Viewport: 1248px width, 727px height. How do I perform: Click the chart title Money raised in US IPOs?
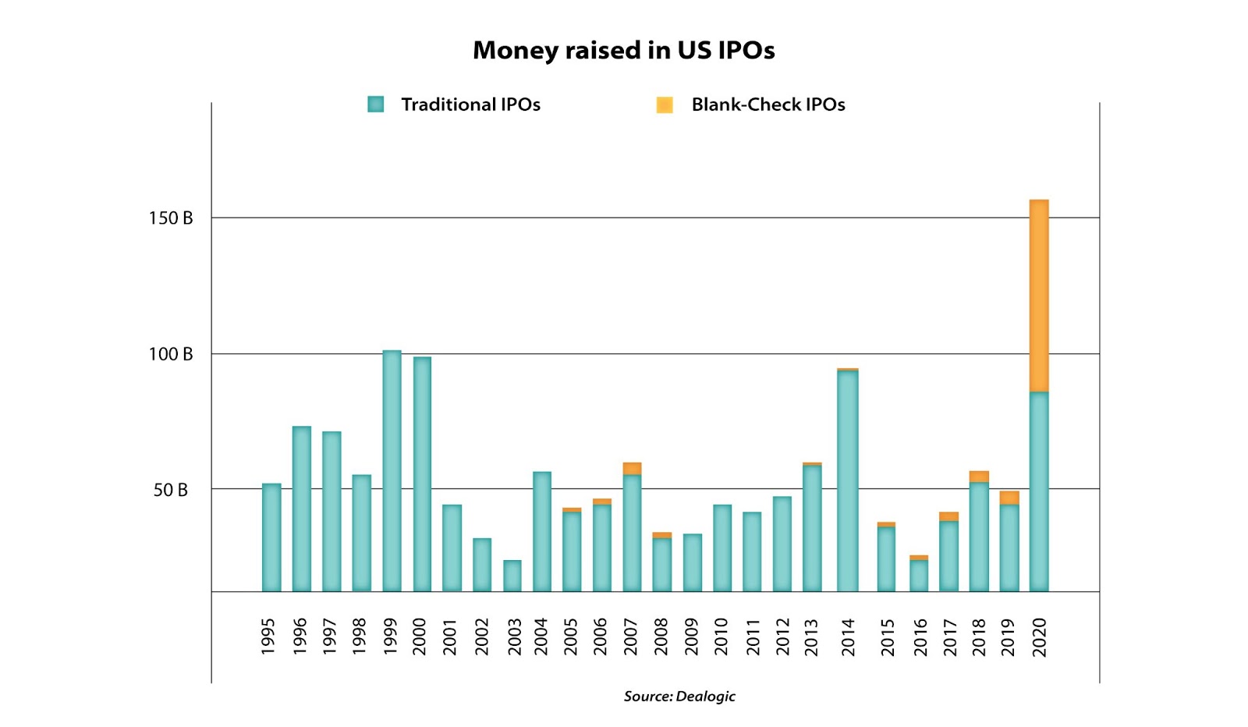(x=623, y=51)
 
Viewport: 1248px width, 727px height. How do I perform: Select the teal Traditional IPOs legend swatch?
(x=376, y=105)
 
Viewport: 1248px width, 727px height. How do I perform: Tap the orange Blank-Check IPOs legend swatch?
(x=665, y=105)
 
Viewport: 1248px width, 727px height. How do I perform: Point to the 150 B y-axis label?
(x=170, y=218)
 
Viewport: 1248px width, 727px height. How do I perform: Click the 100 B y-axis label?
(x=170, y=354)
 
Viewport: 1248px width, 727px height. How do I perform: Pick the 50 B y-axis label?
(x=170, y=490)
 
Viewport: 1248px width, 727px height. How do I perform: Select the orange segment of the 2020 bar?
(x=1039, y=296)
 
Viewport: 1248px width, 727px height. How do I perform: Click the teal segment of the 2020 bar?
(x=1039, y=491)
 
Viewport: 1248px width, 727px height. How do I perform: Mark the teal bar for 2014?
(x=848, y=481)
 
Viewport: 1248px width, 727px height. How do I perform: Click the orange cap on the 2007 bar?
(x=632, y=469)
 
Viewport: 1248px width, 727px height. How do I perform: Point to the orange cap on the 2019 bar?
(x=1009, y=498)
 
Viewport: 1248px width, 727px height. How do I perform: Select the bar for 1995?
(x=271, y=537)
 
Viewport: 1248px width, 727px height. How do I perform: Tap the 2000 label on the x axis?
(x=420, y=637)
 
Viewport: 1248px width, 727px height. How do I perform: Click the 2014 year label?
(x=848, y=637)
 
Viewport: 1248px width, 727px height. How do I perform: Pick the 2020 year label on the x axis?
(x=1039, y=637)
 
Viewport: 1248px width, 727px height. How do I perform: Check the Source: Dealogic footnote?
(x=679, y=697)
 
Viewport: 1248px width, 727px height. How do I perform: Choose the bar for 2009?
(x=693, y=562)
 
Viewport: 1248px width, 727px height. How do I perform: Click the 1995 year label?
(x=268, y=637)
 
